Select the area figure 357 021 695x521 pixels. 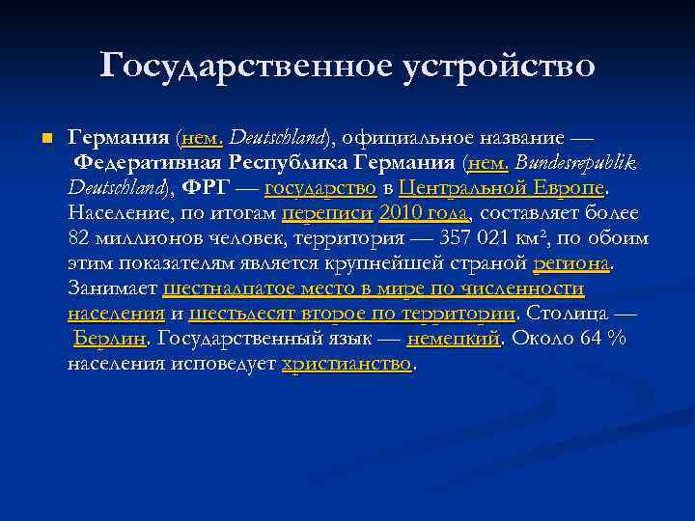coord(475,238)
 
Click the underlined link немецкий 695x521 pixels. coord(453,339)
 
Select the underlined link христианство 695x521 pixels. coord(347,364)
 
